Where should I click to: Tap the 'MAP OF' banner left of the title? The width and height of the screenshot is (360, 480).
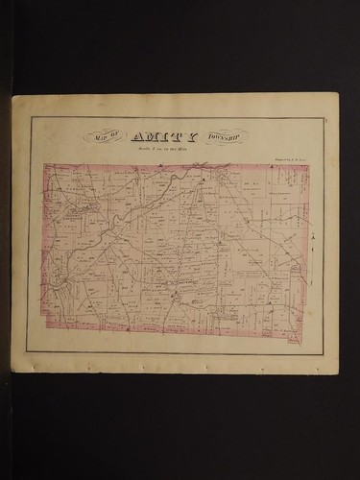[104, 136]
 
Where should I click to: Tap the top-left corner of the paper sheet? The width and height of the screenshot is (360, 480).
[12, 96]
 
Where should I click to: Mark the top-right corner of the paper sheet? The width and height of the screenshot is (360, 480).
[338, 93]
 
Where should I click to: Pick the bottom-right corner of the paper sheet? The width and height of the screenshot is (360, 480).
[338, 372]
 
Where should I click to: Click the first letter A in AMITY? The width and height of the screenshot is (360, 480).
[137, 136]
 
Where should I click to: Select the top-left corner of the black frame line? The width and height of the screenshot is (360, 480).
[30, 118]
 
